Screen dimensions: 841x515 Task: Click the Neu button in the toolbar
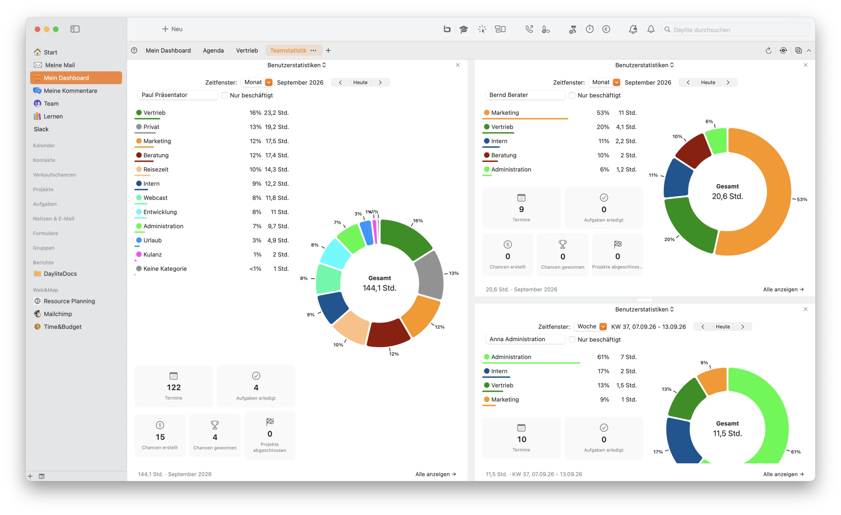coord(172,29)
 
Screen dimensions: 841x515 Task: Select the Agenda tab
coord(213,51)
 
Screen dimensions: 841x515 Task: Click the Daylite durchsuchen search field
coord(736,30)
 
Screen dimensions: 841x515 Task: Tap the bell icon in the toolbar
coord(651,29)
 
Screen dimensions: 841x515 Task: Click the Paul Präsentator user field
coord(177,95)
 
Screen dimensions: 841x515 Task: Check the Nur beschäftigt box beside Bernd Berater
coord(572,95)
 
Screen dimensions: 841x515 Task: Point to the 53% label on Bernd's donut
coord(802,199)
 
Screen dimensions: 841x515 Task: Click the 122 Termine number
coord(174,387)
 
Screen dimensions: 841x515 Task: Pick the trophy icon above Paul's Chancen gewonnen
coord(215,425)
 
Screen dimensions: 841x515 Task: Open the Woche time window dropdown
coord(603,326)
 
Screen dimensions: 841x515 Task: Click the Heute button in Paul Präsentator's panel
coord(360,82)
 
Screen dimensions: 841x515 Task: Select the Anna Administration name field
coord(525,339)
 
